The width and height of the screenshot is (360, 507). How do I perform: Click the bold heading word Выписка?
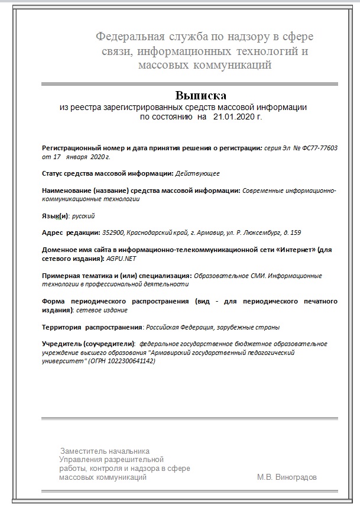pyautogui.click(x=200, y=95)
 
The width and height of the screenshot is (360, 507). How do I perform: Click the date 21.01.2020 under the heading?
pyautogui.click(x=232, y=117)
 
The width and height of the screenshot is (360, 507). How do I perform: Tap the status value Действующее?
pyautogui.click(x=198, y=173)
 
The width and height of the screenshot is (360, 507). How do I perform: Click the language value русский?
pyautogui.click(x=83, y=216)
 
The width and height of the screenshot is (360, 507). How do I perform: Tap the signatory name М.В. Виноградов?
pyautogui.click(x=287, y=477)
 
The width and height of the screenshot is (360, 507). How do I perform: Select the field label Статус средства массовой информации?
pyautogui.click(x=107, y=173)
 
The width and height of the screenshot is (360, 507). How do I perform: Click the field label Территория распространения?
pyautogui.click(x=92, y=327)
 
